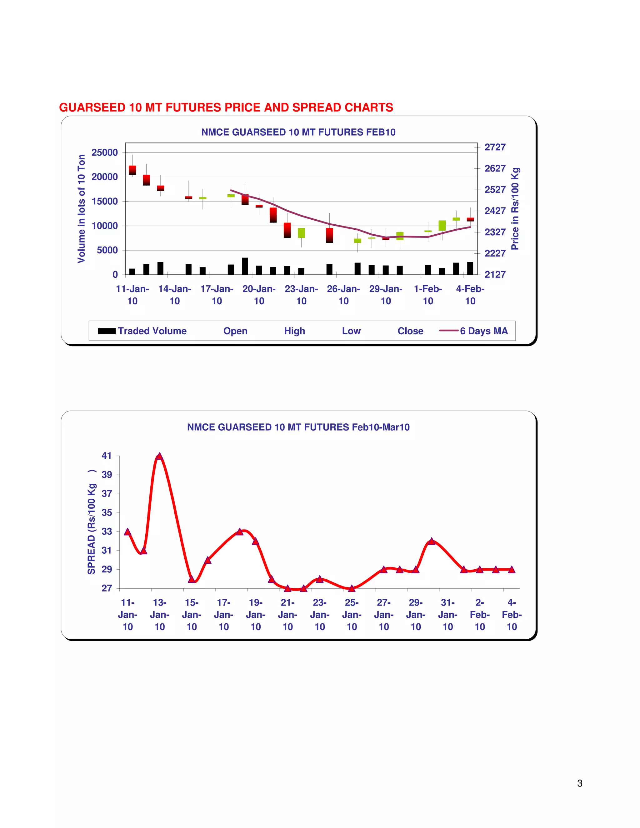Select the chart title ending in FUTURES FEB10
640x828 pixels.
coord(298,132)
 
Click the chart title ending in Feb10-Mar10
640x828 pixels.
coord(298,427)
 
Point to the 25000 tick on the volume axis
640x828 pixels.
coord(105,152)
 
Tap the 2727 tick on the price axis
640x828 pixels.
coord(495,147)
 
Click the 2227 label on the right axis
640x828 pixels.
coord(495,253)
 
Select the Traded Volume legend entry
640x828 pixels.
coord(142,331)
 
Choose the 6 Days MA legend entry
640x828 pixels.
coord(474,331)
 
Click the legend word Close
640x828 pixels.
coord(410,331)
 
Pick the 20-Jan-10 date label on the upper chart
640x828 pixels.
coord(259,295)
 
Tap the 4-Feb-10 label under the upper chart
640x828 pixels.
coord(470,295)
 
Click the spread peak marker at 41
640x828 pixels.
coord(160,456)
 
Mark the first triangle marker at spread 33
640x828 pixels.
coord(127,532)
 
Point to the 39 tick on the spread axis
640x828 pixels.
coord(107,475)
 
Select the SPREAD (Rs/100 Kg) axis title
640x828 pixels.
coord(91,522)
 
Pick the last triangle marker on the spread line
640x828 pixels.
coord(512,569)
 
